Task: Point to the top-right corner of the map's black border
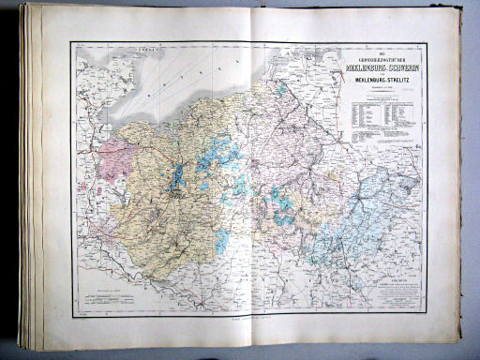coord(427,43)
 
